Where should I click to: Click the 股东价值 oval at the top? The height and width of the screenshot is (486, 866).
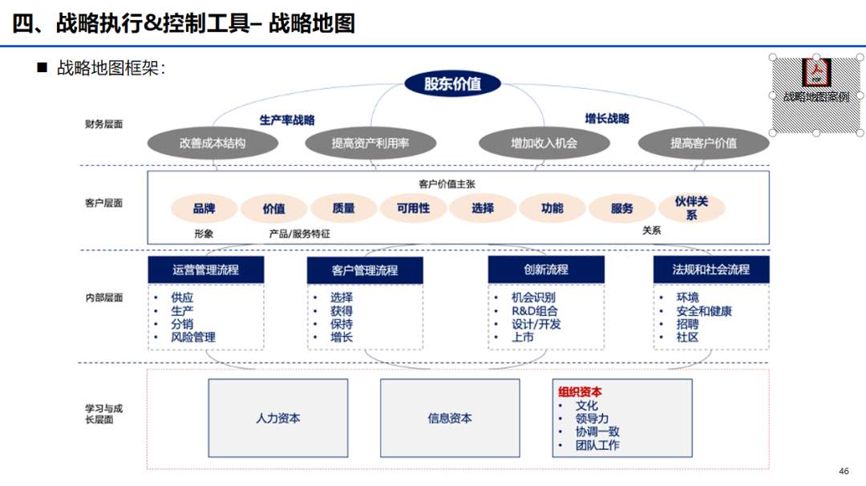451,84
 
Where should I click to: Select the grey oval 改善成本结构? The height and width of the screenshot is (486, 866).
212,144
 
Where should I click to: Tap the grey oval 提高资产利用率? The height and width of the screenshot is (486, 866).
370,144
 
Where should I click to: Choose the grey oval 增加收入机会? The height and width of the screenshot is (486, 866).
544,144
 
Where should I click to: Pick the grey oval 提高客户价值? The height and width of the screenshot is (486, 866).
703,144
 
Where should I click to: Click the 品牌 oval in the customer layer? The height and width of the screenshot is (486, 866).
204,209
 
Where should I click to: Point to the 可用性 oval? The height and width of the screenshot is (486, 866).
413,209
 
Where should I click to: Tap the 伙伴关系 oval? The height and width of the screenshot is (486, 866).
691,209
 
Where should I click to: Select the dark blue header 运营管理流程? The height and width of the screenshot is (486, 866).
206,269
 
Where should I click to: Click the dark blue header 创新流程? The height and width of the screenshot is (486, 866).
546,269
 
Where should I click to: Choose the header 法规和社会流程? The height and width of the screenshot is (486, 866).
711,269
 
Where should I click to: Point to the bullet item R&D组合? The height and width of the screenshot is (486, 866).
535,311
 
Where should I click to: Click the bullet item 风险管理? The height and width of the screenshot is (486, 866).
193,338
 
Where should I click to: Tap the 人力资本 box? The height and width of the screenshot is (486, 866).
278,418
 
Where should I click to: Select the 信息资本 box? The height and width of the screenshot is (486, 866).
450,418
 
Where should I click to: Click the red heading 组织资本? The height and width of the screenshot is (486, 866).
580,392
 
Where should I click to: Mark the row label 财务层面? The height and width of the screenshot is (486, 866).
104,124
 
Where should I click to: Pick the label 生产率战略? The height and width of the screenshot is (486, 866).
287,119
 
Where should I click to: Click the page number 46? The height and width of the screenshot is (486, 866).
843,471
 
